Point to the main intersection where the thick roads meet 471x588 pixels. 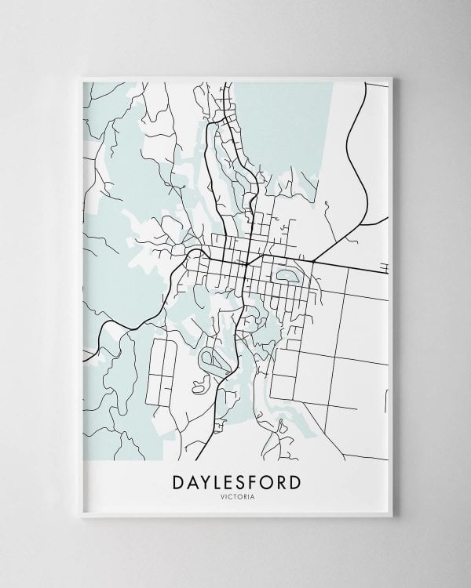click(x=246, y=264)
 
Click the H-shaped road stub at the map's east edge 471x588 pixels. click(x=384, y=269)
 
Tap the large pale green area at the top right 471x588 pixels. click(x=283, y=118)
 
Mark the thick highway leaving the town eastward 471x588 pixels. click(x=345, y=266)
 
